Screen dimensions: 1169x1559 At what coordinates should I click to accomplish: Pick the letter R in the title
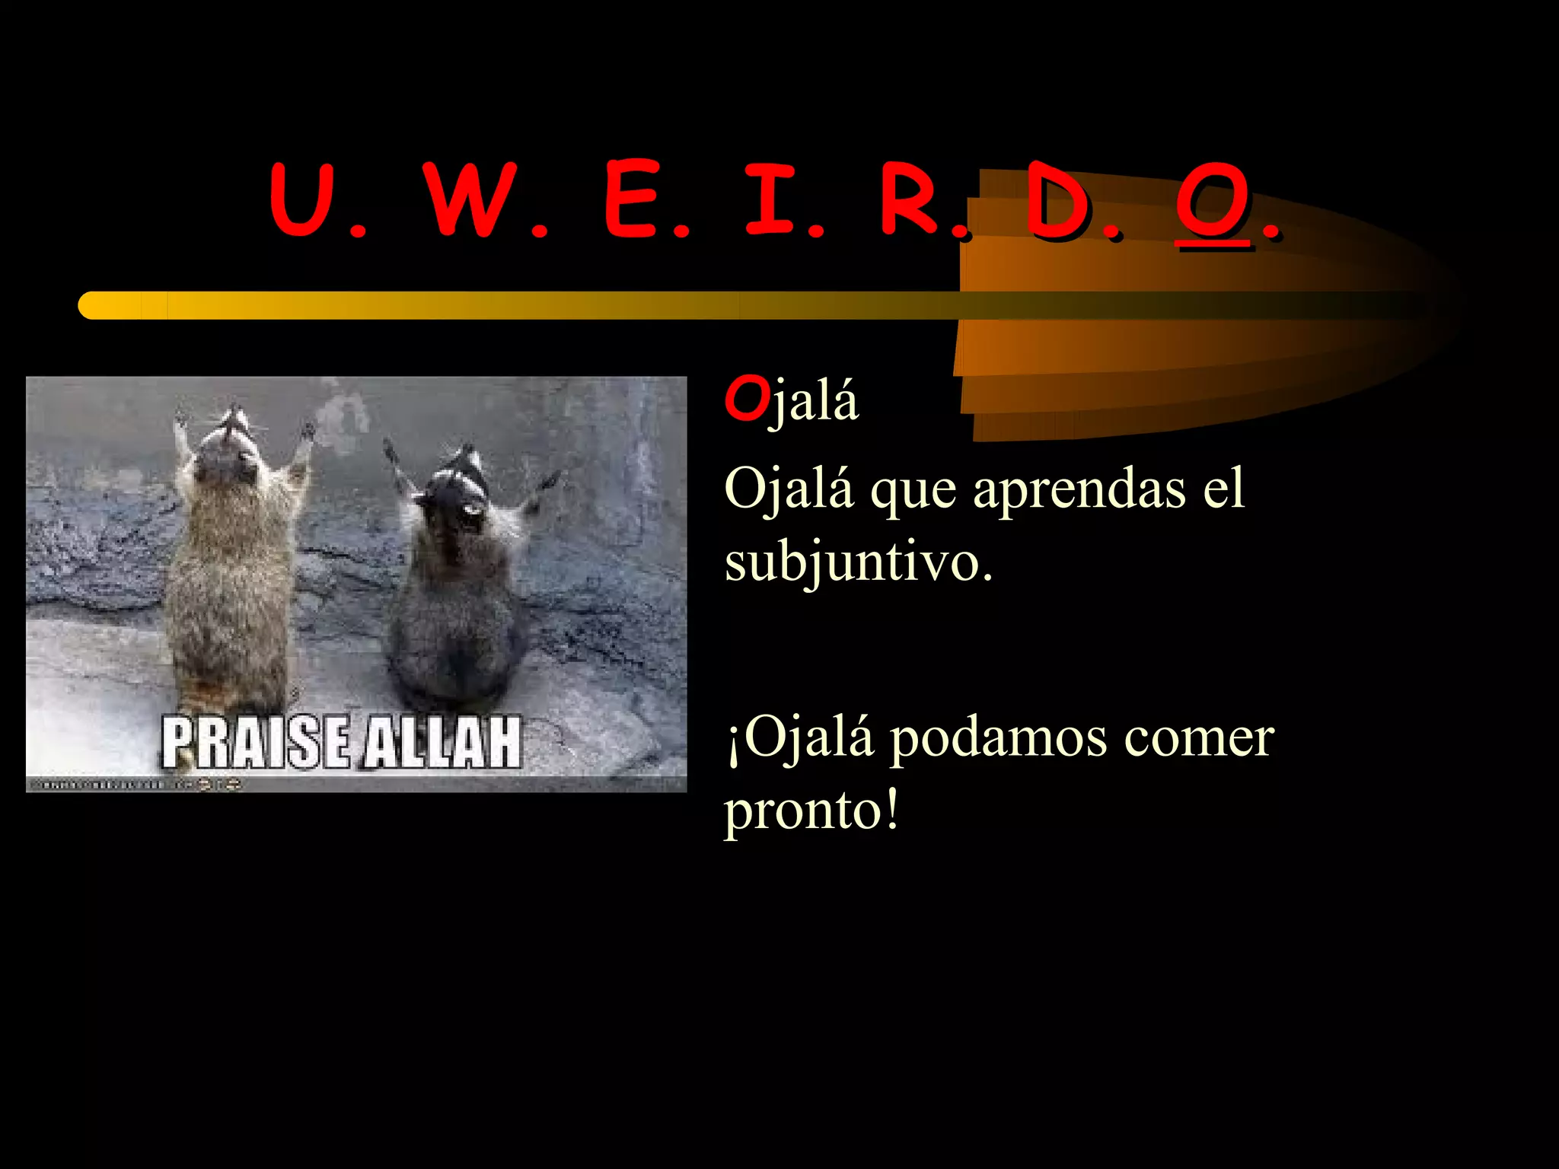coord(911,199)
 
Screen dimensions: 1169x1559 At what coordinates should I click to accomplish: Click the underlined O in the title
coord(1213,201)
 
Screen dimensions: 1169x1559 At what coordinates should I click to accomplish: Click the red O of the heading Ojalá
coord(746,399)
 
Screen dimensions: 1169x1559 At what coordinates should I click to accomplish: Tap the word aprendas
coord(1079,489)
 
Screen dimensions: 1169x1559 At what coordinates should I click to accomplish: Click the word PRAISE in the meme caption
coord(256,743)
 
